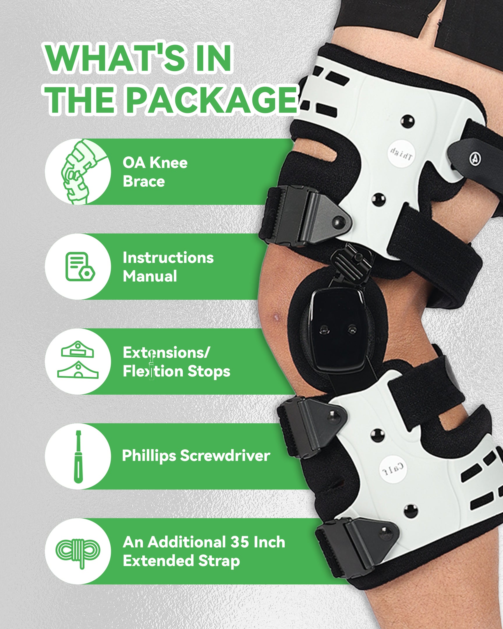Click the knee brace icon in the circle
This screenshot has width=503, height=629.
point(78,172)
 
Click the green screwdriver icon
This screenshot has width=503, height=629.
point(78,457)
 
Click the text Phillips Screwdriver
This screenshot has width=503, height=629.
point(196,455)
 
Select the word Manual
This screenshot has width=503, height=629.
point(150,276)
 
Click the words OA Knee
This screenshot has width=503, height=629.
point(155,163)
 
